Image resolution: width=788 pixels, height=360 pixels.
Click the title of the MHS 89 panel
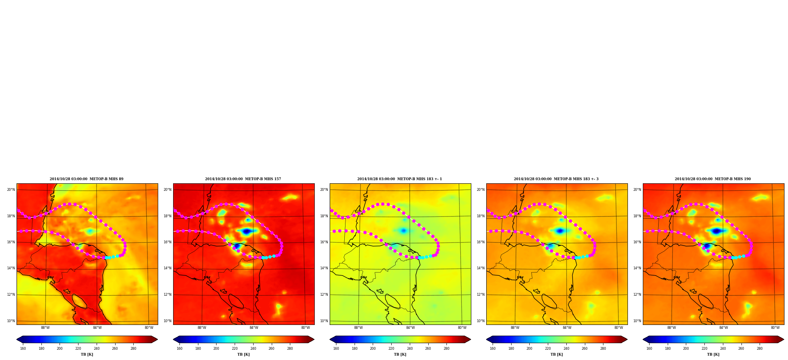pos(86,179)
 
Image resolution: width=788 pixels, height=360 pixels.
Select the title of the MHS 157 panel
pos(243,179)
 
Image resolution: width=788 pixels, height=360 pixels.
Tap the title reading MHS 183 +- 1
pos(400,179)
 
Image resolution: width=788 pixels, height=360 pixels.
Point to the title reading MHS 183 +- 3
pos(556,179)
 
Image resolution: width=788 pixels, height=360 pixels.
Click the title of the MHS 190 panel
pos(713,179)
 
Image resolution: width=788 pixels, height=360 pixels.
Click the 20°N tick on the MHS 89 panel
pos(11,190)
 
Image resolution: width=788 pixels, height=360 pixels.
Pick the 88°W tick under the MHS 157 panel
pos(202,328)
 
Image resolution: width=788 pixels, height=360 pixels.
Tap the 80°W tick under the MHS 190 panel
pos(775,328)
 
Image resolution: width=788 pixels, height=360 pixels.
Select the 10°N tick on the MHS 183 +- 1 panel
pos(324,321)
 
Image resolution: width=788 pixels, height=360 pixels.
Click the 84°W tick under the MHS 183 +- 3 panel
pos(567,328)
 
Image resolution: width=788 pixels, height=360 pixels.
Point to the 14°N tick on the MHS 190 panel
pos(637,268)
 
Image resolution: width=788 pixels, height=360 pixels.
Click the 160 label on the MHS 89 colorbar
pos(23,349)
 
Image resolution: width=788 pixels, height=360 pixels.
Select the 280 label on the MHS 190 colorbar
pos(760,349)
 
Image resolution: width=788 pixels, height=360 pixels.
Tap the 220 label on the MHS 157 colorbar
pos(235,349)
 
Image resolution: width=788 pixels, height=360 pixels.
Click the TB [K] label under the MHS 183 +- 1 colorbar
pos(400,354)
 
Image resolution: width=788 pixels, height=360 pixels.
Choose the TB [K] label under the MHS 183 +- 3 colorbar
pos(556,354)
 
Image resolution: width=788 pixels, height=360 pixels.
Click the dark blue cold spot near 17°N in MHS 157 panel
pos(246,231)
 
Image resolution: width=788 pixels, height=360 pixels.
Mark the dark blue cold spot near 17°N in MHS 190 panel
pos(716,231)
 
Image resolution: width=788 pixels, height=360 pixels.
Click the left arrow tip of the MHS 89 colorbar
pos(17,339)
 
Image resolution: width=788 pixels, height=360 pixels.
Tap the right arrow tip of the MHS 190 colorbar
pos(784,339)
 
